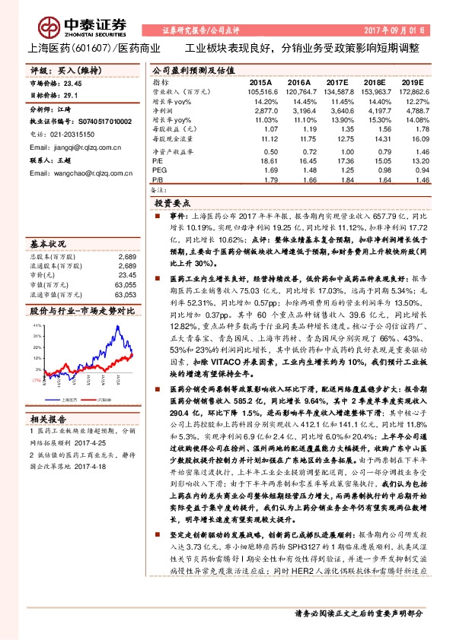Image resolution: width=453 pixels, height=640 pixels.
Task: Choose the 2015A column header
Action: [260, 81]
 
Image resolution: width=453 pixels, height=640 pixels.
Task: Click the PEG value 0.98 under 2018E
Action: [373, 170]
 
